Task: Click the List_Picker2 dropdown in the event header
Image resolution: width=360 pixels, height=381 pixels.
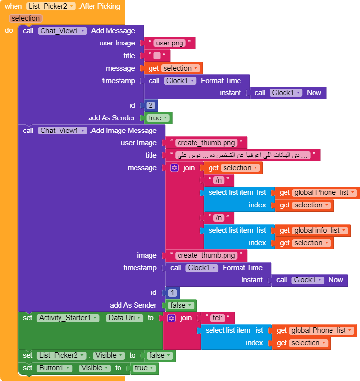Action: (x=51, y=6)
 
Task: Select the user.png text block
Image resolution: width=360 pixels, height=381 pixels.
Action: (x=169, y=43)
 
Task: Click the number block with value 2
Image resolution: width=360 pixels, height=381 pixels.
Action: (x=151, y=105)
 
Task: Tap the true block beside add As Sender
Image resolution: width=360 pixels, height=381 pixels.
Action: (x=158, y=118)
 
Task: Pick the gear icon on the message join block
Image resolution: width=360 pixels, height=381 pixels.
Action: (x=175, y=168)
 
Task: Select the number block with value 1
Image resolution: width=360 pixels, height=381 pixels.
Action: (x=172, y=293)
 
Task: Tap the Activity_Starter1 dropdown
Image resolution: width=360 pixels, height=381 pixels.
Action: (x=68, y=318)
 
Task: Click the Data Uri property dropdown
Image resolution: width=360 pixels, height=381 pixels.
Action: (x=125, y=318)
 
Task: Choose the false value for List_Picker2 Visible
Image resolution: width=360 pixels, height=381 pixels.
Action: (x=159, y=355)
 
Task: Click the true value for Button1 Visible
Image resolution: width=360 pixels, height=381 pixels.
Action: (x=144, y=368)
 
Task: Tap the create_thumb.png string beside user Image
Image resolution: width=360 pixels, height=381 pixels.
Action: (x=207, y=143)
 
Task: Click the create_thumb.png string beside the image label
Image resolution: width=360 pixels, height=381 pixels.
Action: (x=207, y=255)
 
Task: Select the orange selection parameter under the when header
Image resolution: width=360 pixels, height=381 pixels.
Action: (x=26, y=18)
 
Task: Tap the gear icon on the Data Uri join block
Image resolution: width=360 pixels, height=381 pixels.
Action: (x=171, y=318)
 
